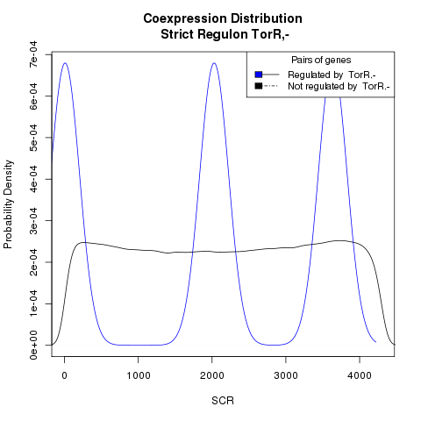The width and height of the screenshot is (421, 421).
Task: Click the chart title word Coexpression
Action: pyautogui.click(x=184, y=19)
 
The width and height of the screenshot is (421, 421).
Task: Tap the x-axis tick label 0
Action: pyautogui.click(x=64, y=375)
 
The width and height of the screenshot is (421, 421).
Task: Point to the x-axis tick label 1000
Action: pyautogui.click(x=139, y=375)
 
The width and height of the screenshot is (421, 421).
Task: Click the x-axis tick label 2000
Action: pyautogui.click(x=212, y=375)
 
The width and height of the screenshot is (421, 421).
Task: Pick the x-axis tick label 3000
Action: pyautogui.click(x=286, y=375)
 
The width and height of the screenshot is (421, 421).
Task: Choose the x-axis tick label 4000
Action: pyautogui.click(x=360, y=375)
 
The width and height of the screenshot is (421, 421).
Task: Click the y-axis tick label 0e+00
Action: pyautogui.click(x=33, y=346)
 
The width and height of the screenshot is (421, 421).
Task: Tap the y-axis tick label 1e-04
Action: pyautogui.click(x=33, y=303)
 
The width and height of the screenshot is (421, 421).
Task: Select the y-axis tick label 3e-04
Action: pyautogui.click(x=33, y=220)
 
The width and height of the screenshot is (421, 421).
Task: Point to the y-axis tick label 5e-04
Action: pyautogui.click(x=33, y=138)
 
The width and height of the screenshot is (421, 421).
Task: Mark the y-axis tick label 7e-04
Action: pyautogui.click(x=33, y=54)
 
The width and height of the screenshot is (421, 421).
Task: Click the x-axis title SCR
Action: pyautogui.click(x=223, y=401)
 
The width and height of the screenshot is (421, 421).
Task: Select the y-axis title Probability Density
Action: pyautogui.click(x=9, y=204)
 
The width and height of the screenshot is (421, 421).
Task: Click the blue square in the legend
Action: pyautogui.click(x=259, y=75)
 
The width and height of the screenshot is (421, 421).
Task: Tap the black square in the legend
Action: pyautogui.click(x=259, y=86)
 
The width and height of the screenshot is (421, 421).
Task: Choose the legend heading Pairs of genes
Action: pyautogui.click(x=321, y=61)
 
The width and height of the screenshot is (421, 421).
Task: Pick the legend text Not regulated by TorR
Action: pyautogui.click(x=339, y=87)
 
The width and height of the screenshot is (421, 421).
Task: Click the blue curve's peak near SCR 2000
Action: pyautogui.click(x=214, y=63)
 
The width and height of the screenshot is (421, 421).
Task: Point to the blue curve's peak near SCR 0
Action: pyautogui.click(x=65, y=63)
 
